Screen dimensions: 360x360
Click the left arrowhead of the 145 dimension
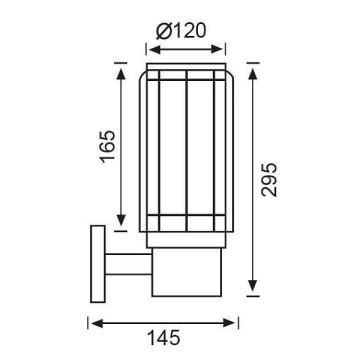tap(94, 322)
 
